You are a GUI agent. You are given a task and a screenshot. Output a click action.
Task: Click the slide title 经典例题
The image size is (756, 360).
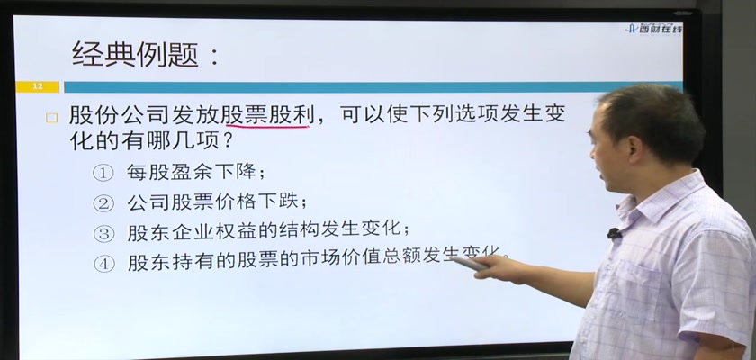[135, 53]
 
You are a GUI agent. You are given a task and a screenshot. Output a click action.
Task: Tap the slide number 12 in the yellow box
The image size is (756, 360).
[38, 86]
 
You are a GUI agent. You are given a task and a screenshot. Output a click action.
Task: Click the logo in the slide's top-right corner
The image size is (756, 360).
[654, 29]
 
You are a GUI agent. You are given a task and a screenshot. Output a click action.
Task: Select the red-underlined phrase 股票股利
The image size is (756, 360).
[267, 115]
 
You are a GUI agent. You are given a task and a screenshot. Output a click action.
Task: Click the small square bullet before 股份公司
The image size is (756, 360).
[51, 118]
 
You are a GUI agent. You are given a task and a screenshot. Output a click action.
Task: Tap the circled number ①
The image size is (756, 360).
[103, 174]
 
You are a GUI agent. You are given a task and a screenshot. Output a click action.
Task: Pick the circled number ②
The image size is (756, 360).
[103, 204]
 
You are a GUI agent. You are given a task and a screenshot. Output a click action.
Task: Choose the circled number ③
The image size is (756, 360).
[103, 234]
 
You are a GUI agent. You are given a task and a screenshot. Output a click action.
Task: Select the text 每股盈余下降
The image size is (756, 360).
[192, 172]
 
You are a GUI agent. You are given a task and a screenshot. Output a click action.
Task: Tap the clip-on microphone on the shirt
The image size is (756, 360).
[614, 234]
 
